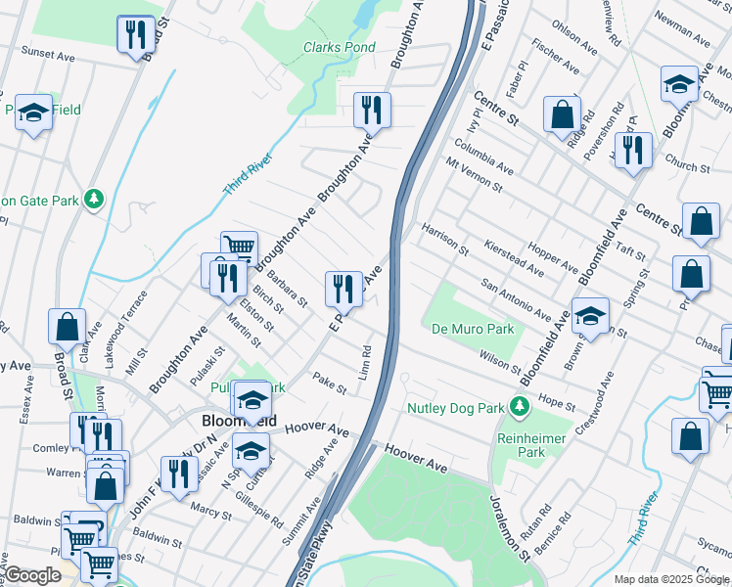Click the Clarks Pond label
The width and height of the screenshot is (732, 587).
(x=339, y=47)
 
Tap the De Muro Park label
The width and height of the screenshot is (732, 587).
(x=473, y=330)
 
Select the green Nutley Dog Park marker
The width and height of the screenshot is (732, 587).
(x=521, y=406)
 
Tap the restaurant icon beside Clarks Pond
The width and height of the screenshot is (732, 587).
(x=371, y=110)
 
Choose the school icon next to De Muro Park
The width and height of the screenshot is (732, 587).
(x=590, y=316)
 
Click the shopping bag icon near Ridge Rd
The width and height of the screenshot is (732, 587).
(x=563, y=113)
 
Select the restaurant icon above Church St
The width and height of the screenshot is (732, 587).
(x=634, y=150)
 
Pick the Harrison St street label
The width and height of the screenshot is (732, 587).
(x=445, y=241)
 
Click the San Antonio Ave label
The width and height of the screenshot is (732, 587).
(x=515, y=299)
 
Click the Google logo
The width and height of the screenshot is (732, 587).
(x=33, y=575)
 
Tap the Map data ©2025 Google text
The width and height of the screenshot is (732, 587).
(x=671, y=579)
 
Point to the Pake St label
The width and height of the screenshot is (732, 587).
(x=330, y=383)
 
